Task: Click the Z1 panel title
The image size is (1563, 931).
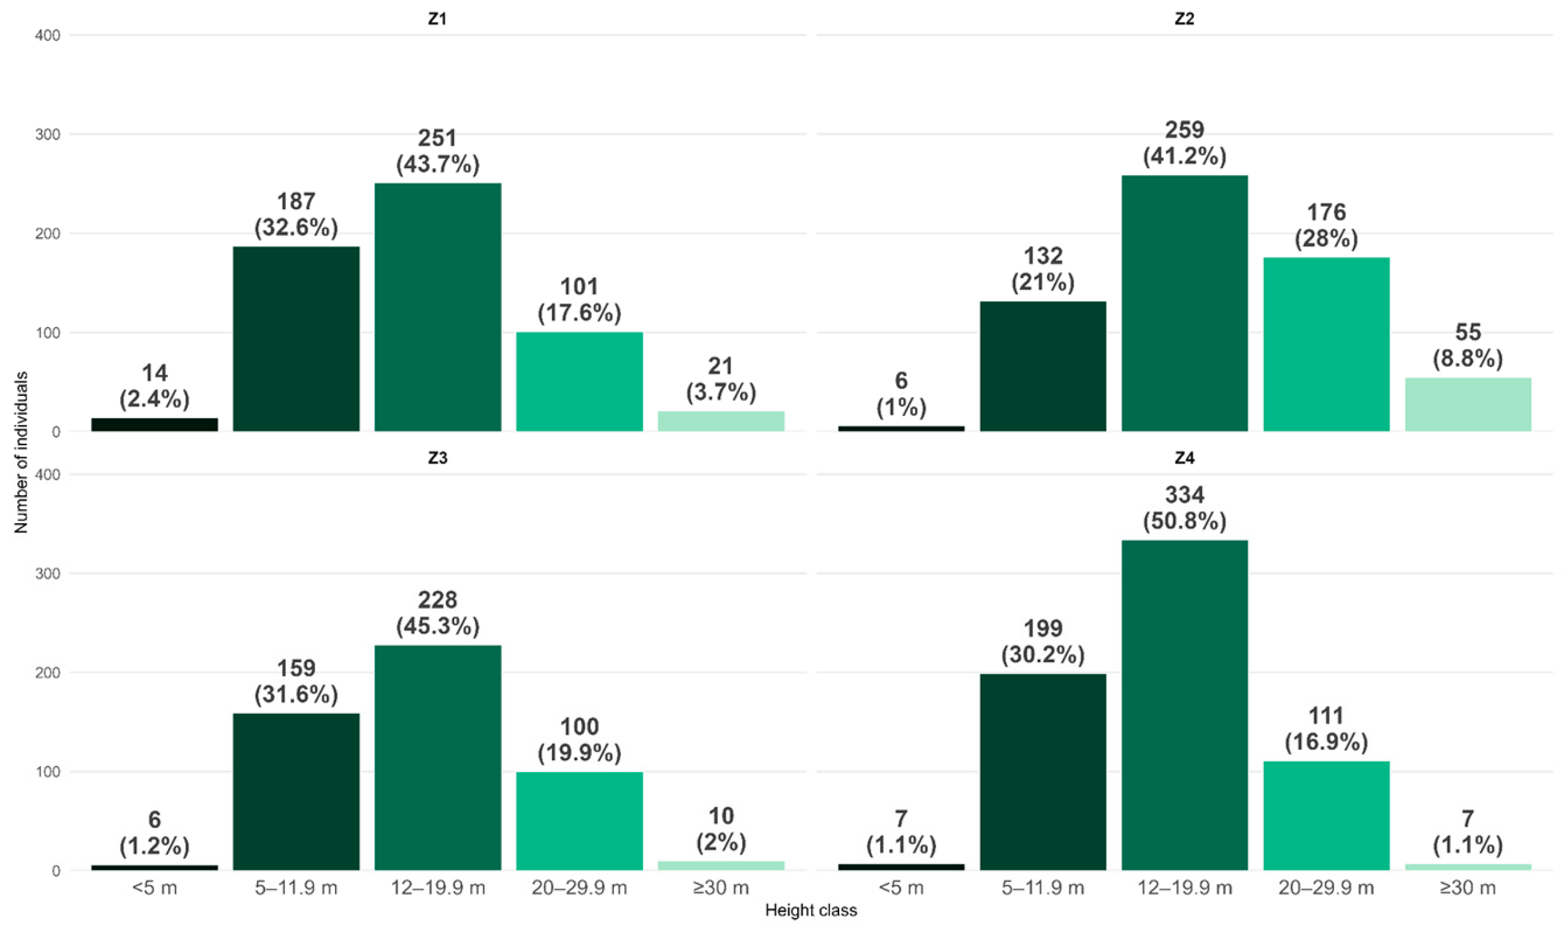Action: click(x=437, y=19)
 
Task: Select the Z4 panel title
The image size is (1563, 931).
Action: click(x=1183, y=458)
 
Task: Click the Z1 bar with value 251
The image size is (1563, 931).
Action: click(x=438, y=307)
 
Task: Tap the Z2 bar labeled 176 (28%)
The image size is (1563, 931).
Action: click(x=1326, y=344)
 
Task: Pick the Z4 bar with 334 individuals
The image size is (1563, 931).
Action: click(x=1184, y=705)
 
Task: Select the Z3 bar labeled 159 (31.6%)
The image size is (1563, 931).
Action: click(x=296, y=792)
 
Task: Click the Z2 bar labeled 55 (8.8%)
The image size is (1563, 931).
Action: click(x=1467, y=405)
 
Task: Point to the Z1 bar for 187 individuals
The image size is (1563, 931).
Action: click(x=296, y=339)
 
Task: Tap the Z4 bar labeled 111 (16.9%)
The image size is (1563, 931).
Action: click(x=1326, y=816)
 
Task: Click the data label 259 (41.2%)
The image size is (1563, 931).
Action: click(x=1184, y=143)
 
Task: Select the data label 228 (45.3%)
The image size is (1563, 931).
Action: click(x=438, y=613)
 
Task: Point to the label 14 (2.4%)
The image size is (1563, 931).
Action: click(x=154, y=387)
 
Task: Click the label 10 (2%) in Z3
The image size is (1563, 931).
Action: click(x=721, y=829)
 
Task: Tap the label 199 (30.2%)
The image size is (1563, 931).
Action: click(x=1043, y=642)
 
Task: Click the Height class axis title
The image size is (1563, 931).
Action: click(x=811, y=911)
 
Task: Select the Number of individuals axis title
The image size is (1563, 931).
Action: click(x=21, y=452)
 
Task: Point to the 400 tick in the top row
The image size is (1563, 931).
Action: click(x=48, y=36)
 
